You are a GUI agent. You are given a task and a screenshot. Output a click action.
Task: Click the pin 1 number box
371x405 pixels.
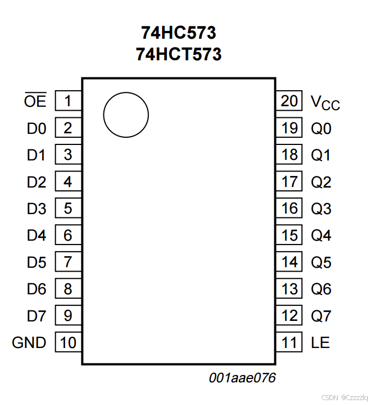(68, 101)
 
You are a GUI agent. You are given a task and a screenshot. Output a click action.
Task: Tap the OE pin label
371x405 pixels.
(35, 102)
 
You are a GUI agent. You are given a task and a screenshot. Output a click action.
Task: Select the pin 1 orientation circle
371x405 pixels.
(126, 115)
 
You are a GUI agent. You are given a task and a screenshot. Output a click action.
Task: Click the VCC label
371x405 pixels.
(325, 102)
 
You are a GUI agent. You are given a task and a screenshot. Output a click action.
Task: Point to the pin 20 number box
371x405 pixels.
(289, 101)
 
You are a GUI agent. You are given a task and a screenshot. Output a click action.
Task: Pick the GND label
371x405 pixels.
(29, 343)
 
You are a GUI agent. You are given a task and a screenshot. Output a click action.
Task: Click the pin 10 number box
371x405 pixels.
(68, 343)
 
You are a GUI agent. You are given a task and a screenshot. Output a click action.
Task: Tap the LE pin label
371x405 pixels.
(321, 343)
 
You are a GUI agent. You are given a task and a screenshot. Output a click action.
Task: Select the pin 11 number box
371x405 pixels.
(289, 343)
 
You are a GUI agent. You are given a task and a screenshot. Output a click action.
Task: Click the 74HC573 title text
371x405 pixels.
(179, 33)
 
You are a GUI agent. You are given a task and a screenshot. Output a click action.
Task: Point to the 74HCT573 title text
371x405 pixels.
(179, 54)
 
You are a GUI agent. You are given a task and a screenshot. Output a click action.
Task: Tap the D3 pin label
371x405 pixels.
(36, 209)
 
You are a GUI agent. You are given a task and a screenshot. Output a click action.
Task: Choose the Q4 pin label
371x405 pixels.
(321, 236)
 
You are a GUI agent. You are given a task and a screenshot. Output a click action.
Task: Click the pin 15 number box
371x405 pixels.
(289, 236)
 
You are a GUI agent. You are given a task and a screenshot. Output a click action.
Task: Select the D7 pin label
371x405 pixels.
(36, 316)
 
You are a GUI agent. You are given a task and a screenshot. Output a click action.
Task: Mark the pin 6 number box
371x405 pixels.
(68, 236)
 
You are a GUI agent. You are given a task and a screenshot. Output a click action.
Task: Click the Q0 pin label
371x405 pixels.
(321, 129)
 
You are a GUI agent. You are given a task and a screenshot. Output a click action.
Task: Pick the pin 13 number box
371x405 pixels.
(289, 289)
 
